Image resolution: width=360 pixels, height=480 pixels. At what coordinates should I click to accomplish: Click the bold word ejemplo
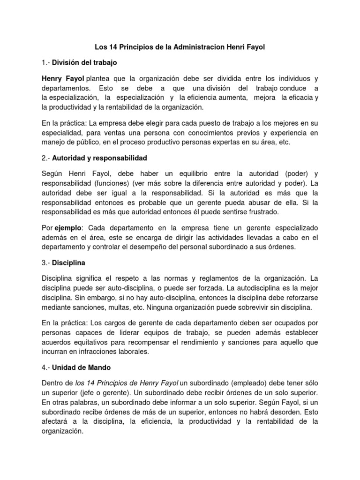point(68,227)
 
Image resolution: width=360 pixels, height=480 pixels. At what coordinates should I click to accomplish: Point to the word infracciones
point(102,351)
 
